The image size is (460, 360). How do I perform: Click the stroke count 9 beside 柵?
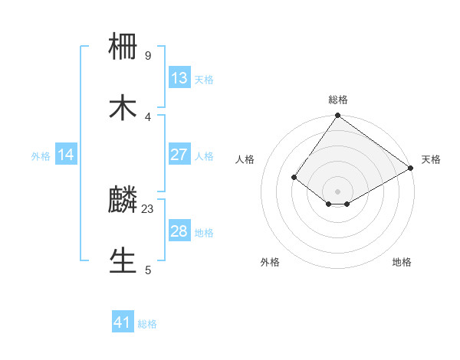coord(148,56)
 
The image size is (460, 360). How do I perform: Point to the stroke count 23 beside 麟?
coord(149,208)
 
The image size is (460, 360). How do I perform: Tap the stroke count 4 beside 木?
coord(148,116)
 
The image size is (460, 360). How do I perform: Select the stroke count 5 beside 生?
coord(148,270)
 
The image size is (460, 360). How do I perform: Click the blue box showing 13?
coord(179,78)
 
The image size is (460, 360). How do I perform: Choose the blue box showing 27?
coord(179,155)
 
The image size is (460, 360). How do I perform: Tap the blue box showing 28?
coord(179,231)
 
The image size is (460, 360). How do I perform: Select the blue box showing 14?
coord(66,155)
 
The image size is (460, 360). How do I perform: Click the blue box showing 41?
coord(123,322)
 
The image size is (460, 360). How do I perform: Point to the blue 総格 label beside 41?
coord(147,324)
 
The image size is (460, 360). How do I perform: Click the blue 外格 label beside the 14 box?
coord(41,156)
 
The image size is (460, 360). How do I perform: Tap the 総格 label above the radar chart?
coord(338,100)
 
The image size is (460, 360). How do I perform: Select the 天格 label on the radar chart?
coord(431,159)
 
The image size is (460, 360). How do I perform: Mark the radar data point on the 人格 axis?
coord(294,178)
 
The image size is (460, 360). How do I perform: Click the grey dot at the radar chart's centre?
coord(338,191)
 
